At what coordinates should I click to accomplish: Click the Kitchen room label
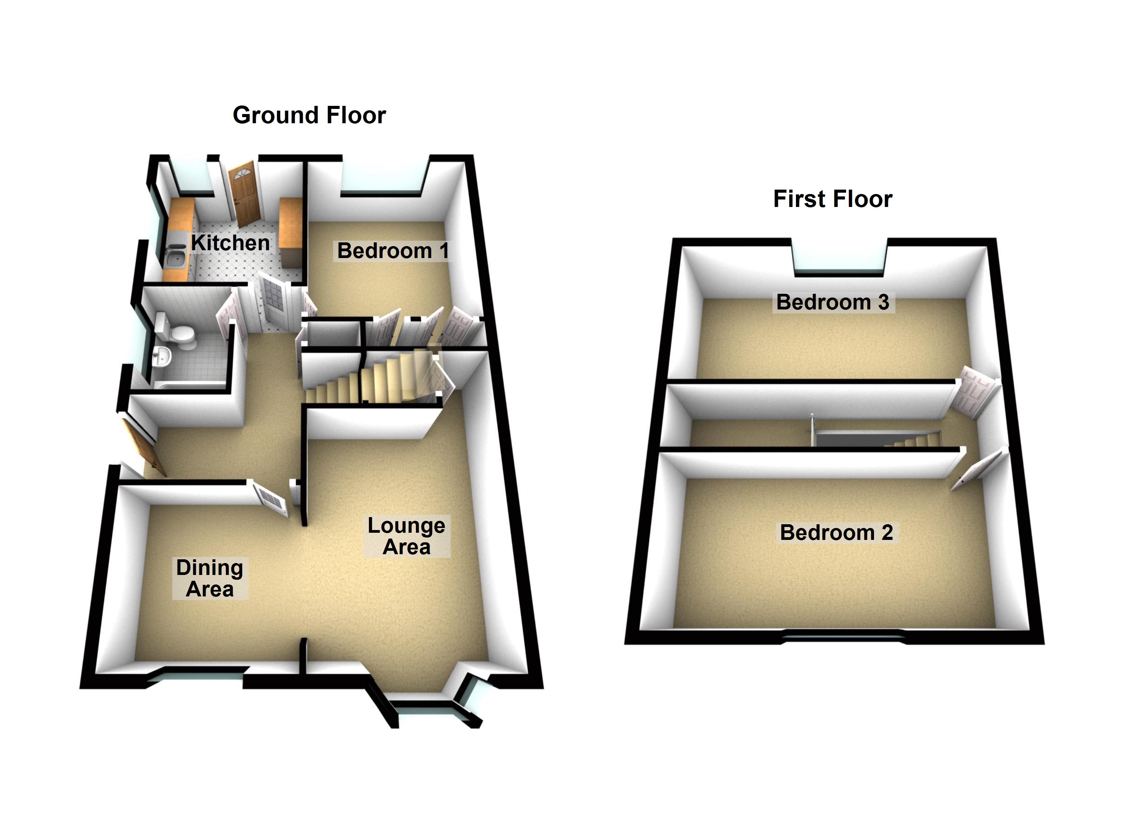(231, 243)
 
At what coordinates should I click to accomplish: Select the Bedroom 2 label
(836, 533)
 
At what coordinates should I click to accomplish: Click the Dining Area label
(209, 578)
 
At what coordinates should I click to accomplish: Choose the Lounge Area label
(406, 536)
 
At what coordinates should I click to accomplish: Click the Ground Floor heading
(309, 115)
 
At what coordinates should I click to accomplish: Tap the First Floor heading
(832, 199)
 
